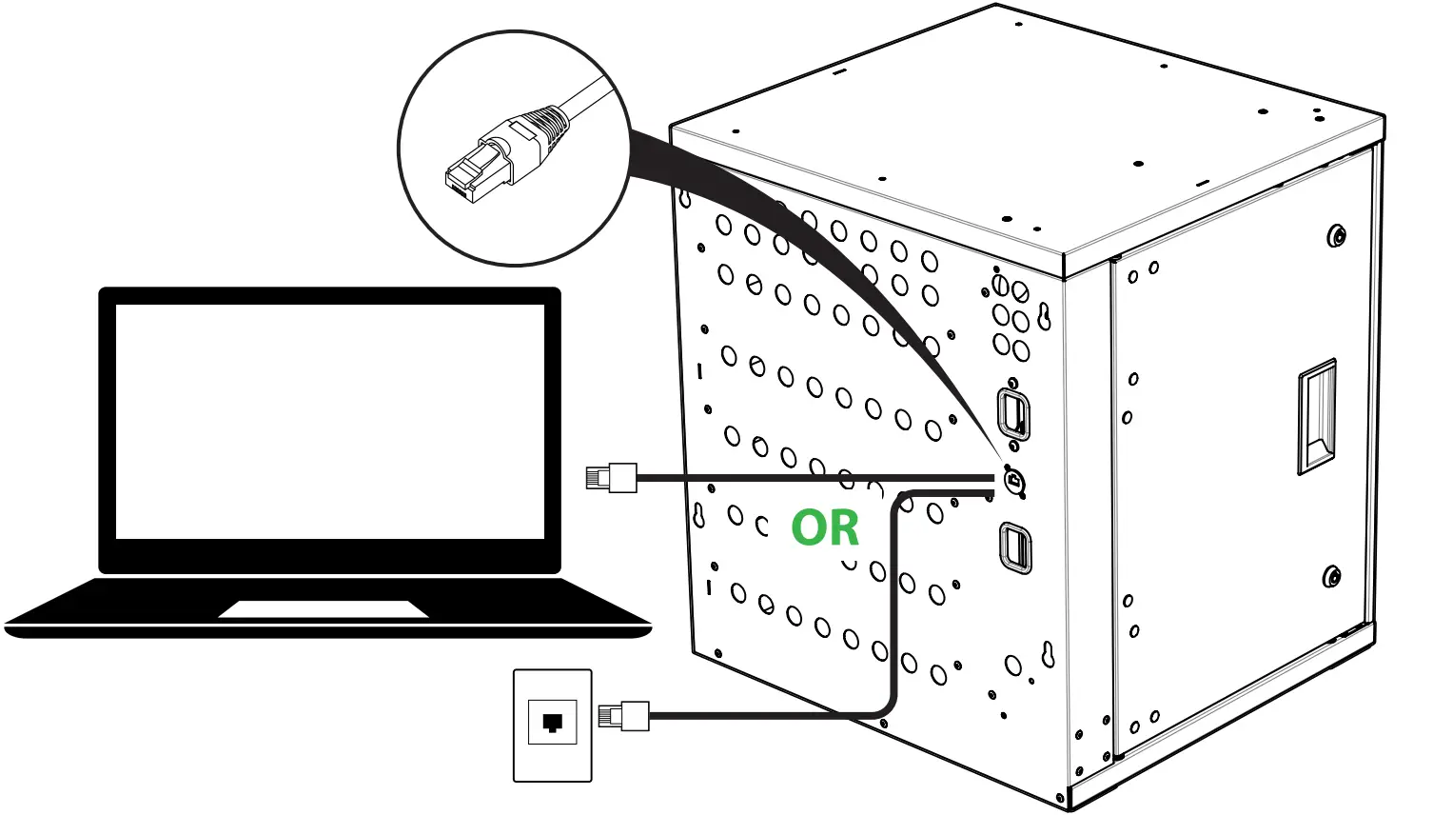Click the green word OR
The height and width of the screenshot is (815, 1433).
point(825,528)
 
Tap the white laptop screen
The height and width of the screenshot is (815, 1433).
point(329,421)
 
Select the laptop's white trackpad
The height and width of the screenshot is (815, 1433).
point(324,609)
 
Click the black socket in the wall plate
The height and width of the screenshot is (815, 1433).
point(553,723)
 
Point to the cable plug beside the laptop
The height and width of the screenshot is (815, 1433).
point(611,477)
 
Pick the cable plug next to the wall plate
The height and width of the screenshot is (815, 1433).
point(623,715)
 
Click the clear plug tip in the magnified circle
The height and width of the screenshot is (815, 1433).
point(465,176)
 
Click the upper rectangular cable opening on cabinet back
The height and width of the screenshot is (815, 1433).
point(1013,413)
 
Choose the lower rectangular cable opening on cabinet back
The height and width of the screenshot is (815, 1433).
point(1014,548)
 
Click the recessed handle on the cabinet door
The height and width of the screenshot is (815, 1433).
point(1317,417)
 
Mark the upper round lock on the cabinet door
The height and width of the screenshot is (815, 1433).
point(1336,235)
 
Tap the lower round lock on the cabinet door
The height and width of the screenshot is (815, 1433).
point(1332,576)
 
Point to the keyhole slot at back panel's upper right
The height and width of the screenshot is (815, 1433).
point(1044,315)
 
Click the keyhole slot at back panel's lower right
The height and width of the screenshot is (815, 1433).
point(1047,655)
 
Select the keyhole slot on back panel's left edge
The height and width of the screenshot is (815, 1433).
point(699,516)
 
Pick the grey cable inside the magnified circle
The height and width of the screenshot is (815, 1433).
point(585,99)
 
